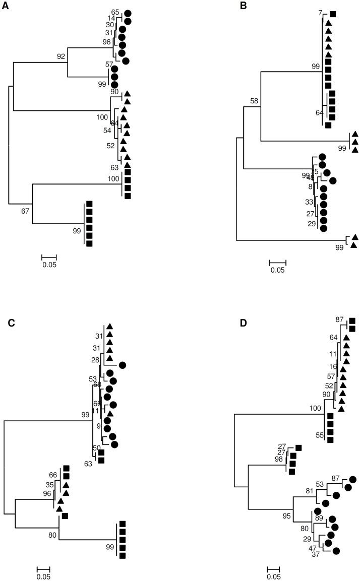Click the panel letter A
click(x=6, y=6)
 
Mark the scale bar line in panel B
click(x=277, y=262)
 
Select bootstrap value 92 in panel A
click(x=62, y=56)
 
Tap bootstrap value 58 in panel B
click(x=254, y=101)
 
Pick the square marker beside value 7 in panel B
click(x=333, y=14)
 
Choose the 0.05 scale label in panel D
click(x=274, y=577)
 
